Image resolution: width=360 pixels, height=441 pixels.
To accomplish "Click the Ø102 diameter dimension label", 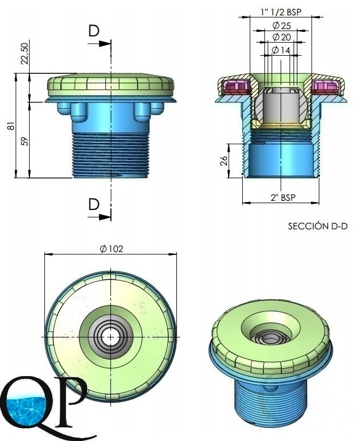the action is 111,249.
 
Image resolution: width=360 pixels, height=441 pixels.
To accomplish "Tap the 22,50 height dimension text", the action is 25,53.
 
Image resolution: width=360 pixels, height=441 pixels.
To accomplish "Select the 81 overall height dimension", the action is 11,126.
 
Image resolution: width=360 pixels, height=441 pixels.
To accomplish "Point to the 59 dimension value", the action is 25,141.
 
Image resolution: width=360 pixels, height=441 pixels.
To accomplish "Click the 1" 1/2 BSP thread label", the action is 281,12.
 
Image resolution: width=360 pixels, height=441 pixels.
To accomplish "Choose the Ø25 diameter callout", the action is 282,26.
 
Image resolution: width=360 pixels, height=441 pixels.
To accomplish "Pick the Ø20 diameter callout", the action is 282,37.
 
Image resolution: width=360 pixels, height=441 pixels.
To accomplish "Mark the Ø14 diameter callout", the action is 281,50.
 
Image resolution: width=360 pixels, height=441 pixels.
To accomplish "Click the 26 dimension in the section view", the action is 224,160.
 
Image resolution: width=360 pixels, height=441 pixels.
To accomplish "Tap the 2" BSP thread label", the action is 283,197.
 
